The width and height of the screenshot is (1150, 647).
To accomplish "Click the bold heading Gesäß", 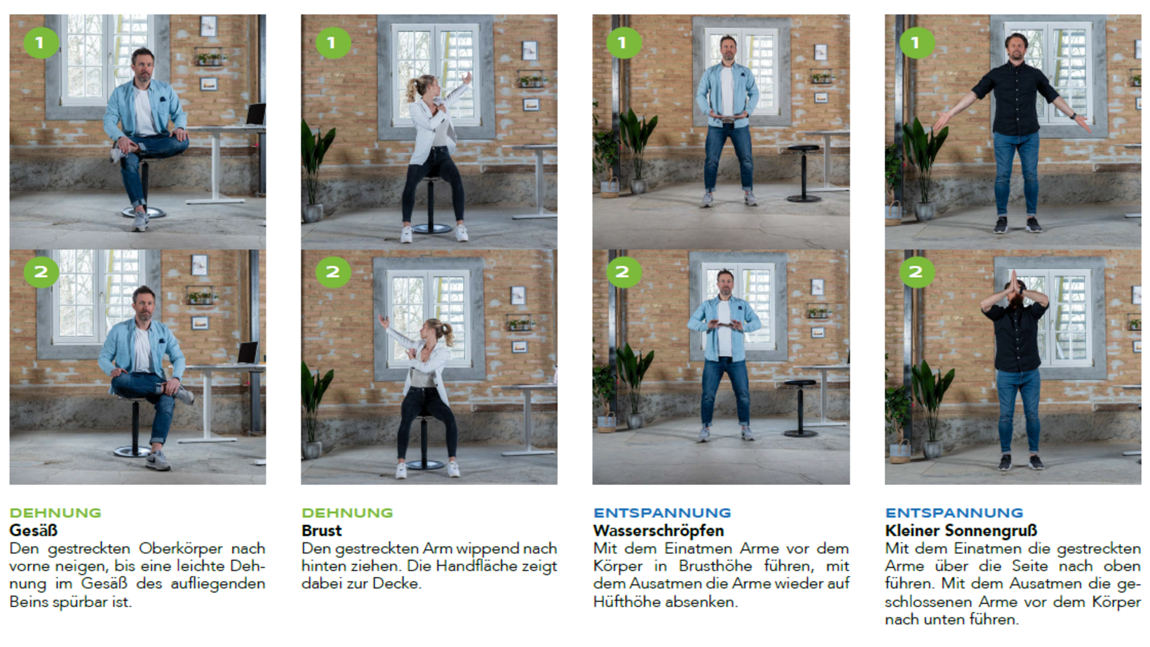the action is [x=34, y=531].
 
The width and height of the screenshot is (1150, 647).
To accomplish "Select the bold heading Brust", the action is [x=321, y=531].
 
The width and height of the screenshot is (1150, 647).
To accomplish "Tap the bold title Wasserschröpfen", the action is [x=658, y=531].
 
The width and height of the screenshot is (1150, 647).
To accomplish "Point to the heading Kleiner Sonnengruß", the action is [x=961, y=531].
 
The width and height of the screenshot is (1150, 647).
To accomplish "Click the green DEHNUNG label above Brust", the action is [x=347, y=513].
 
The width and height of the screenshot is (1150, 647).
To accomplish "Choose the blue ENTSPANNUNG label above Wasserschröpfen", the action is [x=662, y=513].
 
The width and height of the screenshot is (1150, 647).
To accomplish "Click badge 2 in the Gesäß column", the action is [x=41, y=272].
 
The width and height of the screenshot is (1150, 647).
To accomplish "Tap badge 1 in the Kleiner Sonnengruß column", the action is [x=917, y=42].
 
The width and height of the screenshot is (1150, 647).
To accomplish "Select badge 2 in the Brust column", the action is [x=332, y=272].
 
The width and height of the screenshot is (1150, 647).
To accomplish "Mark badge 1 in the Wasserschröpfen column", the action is [x=624, y=42].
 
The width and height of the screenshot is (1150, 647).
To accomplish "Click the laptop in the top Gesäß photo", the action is [x=255, y=114].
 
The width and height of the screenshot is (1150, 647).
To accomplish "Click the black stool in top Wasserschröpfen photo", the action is [x=804, y=173].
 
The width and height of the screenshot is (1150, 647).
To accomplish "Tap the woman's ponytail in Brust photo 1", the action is [x=412, y=89].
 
